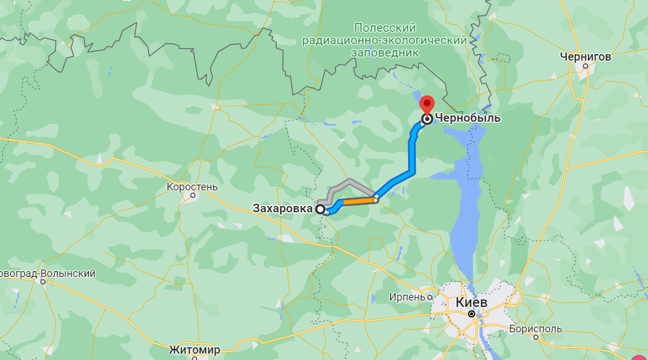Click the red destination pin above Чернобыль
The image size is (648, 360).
(427, 104)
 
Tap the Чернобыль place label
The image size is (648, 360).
(468, 119)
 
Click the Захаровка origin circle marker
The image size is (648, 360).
(320, 209)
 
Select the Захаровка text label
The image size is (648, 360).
(282, 208)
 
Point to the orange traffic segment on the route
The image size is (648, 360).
(359, 201)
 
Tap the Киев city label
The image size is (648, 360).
(471, 302)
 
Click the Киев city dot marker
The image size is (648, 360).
(472, 314)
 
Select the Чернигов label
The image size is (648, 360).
(585, 57)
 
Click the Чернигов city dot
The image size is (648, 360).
(585, 66)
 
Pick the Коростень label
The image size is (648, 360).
(192, 187)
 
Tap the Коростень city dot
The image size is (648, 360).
(193, 196)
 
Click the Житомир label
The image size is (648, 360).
(195, 350)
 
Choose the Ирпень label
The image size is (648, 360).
(407, 297)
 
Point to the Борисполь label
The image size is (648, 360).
(536, 329)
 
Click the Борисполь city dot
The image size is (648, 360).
(536, 337)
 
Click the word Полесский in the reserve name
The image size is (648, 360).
(385, 28)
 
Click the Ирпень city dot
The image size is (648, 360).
(430, 297)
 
